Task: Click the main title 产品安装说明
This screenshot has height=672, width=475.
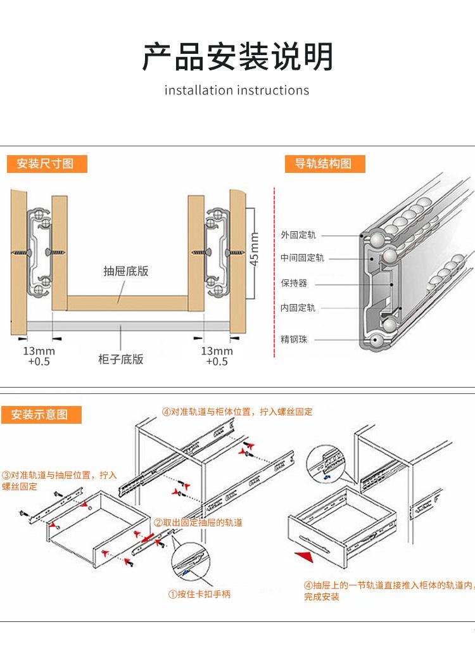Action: tap(237, 56)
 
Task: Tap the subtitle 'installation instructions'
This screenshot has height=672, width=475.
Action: tap(237, 90)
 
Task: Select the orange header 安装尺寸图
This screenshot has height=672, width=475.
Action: tap(45, 164)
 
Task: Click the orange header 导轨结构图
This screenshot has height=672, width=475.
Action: tap(322, 164)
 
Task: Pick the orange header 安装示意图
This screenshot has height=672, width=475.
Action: tap(39, 415)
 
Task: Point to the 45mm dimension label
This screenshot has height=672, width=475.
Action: tap(255, 250)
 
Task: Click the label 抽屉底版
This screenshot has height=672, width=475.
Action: tap(126, 271)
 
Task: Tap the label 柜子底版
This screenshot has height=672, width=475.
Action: tap(121, 359)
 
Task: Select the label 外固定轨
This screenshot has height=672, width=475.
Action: tap(298, 235)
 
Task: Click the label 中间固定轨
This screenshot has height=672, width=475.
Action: tap(302, 258)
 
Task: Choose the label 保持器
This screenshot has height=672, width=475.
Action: tap(294, 283)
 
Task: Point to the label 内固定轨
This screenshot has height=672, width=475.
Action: tap(298, 308)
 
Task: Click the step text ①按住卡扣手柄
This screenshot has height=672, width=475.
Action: tap(199, 594)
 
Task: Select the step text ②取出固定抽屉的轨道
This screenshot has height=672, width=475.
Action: tap(198, 523)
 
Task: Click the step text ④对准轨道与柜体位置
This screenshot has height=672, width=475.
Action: tap(237, 412)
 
